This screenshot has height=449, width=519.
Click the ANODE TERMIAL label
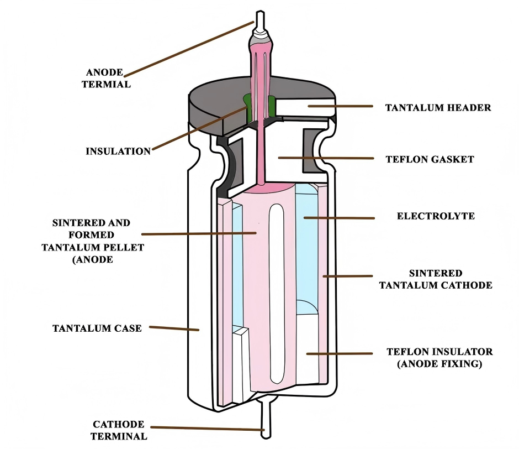[x=106, y=79]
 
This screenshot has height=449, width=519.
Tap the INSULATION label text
[x=118, y=151]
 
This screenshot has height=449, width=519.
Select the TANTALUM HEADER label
[x=438, y=107]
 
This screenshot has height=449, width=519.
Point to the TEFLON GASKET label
[x=430, y=159]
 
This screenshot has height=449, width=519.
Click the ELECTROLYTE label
[x=436, y=216]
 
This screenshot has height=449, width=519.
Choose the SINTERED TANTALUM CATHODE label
[x=436, y=279]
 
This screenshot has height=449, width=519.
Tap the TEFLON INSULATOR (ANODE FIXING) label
[x=439, y=357]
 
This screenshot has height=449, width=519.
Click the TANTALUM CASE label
[x=97, y=328]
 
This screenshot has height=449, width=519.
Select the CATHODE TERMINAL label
[x=119, y=430]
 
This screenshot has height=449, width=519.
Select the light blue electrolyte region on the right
[x=307, y=249]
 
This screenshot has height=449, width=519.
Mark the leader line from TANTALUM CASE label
[x=174, y=328]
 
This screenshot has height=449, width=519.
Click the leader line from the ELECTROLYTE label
[x=339, y=218]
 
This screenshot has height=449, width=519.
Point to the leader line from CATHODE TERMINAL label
[x=208, y=429]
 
